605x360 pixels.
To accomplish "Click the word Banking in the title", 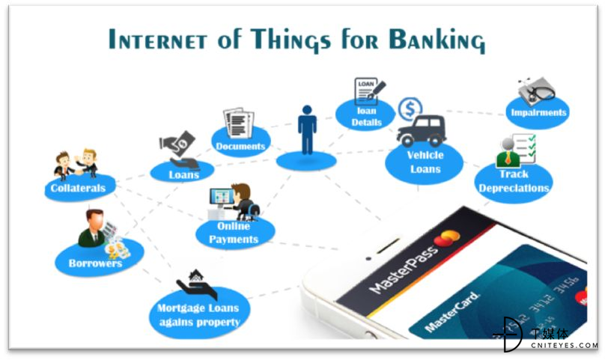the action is pos(437,40).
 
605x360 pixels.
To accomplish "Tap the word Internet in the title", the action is pos(157,39).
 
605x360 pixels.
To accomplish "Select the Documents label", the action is pos(240,146).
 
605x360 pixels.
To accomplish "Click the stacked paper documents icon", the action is pos(238,123).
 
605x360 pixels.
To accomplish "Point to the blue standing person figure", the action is pos(307,129).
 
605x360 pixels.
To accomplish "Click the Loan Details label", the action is pos(366,117).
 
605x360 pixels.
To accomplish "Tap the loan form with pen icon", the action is pos(369,91).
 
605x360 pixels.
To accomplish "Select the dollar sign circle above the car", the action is pos(410,109).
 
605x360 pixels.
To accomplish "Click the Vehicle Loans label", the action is pos(425,162).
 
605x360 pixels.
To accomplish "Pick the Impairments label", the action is pos(538,113).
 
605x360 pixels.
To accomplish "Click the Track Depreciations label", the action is pos(514,181).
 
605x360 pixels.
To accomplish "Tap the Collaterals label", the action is pos(78,189).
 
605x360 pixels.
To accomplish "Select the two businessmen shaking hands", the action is pos(76,164).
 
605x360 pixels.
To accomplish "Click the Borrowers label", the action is pos(95,263).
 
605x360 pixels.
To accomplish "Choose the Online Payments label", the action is pos(234,233).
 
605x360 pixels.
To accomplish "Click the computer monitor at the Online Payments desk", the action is pos(221,197).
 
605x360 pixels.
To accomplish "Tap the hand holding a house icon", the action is pos(197,284).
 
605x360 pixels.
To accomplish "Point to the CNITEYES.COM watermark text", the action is pos(564,345).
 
